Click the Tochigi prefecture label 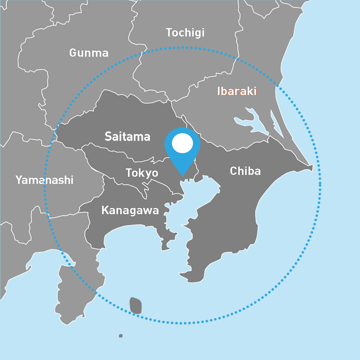[185, 33]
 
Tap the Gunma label [89, 53]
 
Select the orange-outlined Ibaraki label [237, 91]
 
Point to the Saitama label [127, 136]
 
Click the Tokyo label [142, 173]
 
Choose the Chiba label [245, 170]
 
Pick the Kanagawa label [130, 210]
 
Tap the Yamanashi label [44, 180]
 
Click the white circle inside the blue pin [182, 143]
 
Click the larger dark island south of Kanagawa [135, 306]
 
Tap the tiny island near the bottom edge [121, 335]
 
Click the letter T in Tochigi [169, 32]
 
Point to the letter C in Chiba [233, 170]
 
